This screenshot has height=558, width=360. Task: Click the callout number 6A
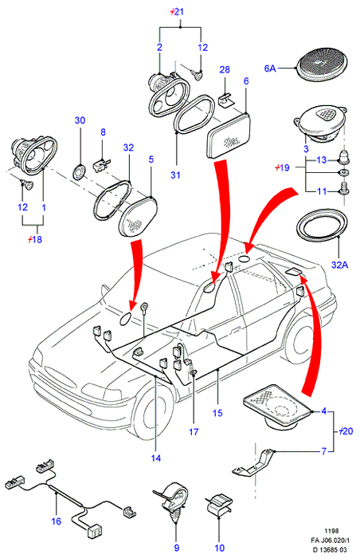[x=270, y=68]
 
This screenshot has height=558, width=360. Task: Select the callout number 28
[x=225, y=69]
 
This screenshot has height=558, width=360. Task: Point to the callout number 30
[x=80, y=120]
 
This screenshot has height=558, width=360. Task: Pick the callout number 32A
[x=339, y=265]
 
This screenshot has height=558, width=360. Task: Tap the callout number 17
[x=194, y=432]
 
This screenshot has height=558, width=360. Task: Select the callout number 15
[x=217, y=413]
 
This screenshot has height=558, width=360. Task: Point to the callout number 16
[x=57, y=521]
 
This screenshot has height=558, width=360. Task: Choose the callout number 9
[x=177, y=548]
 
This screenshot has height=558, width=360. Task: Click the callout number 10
[x=220, y=548]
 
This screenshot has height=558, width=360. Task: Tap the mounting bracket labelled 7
[x=253, y=462]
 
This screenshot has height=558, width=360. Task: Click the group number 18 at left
[x=35, y=239]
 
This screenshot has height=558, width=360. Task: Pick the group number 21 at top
[x=177, y=12]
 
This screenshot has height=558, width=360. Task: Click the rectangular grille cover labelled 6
[x=228, y=135]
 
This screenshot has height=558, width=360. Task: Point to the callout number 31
[x=175, y=175]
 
